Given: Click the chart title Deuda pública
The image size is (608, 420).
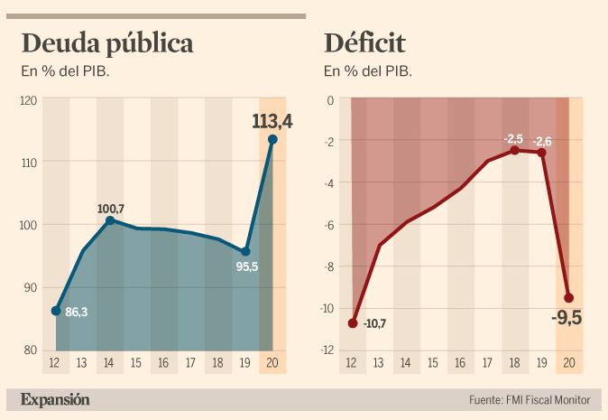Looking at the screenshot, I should (x=107, y=43).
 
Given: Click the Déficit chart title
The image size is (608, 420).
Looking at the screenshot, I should (x=365, y=43).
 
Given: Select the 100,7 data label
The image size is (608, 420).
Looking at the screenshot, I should (x=110, y=209).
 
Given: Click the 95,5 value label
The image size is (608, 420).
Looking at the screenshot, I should (x=247, y=267).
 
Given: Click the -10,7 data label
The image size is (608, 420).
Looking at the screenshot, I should (x=375, y=323).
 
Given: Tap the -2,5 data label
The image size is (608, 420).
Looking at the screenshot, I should (x=513, y=139).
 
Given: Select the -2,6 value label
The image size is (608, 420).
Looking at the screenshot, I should (x=543, y=141).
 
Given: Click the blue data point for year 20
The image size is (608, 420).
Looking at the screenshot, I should (x=272, y=139).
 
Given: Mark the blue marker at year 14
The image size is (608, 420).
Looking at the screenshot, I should (x=110, y=220).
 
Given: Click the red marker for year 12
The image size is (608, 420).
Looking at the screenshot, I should (x=353, y=323).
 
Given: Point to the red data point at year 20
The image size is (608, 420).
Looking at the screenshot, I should (x=569, y=298).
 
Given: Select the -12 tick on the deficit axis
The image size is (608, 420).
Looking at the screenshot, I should (x=329, y=350).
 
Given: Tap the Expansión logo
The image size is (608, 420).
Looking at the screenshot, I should (x=55, y=399).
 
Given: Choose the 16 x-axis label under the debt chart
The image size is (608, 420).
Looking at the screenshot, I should (x=163, y=363).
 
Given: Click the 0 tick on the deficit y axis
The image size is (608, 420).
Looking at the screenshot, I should (x=331, y=100).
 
